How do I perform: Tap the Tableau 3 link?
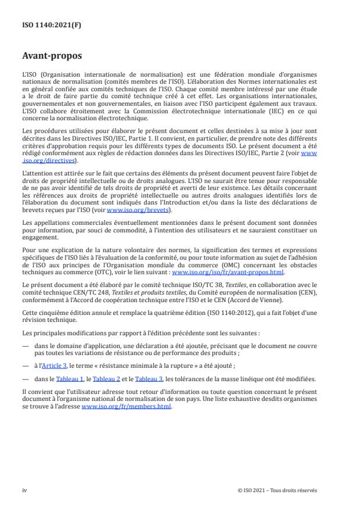click(147, 379)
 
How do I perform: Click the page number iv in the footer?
click(24, 489)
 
